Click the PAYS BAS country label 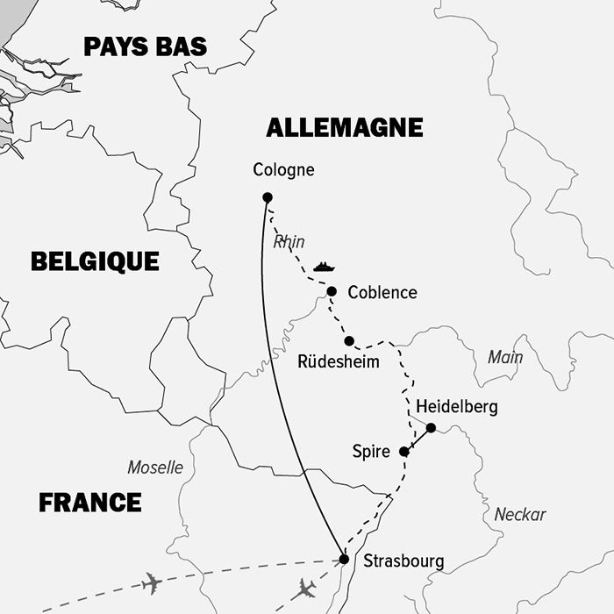coord(146,46)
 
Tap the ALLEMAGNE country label coord(344,128)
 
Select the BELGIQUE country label coord(95,261)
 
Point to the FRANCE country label coord(90,503)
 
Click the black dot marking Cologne coord(268,197)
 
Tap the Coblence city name coord(382,293)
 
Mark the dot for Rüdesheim coord(349,340)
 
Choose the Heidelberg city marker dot coord(431,428)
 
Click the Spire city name coord(370,452)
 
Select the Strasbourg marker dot coord(344,559)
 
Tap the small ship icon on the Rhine coord(325,266)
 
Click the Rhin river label coord(289,242)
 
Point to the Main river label coord(505,357)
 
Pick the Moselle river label coord(155,468)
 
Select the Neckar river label coord(519,515)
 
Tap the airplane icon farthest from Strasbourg coord(152,582)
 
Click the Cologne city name coord(282,170)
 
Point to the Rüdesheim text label coord(339,361)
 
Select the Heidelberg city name coord(456,407)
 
